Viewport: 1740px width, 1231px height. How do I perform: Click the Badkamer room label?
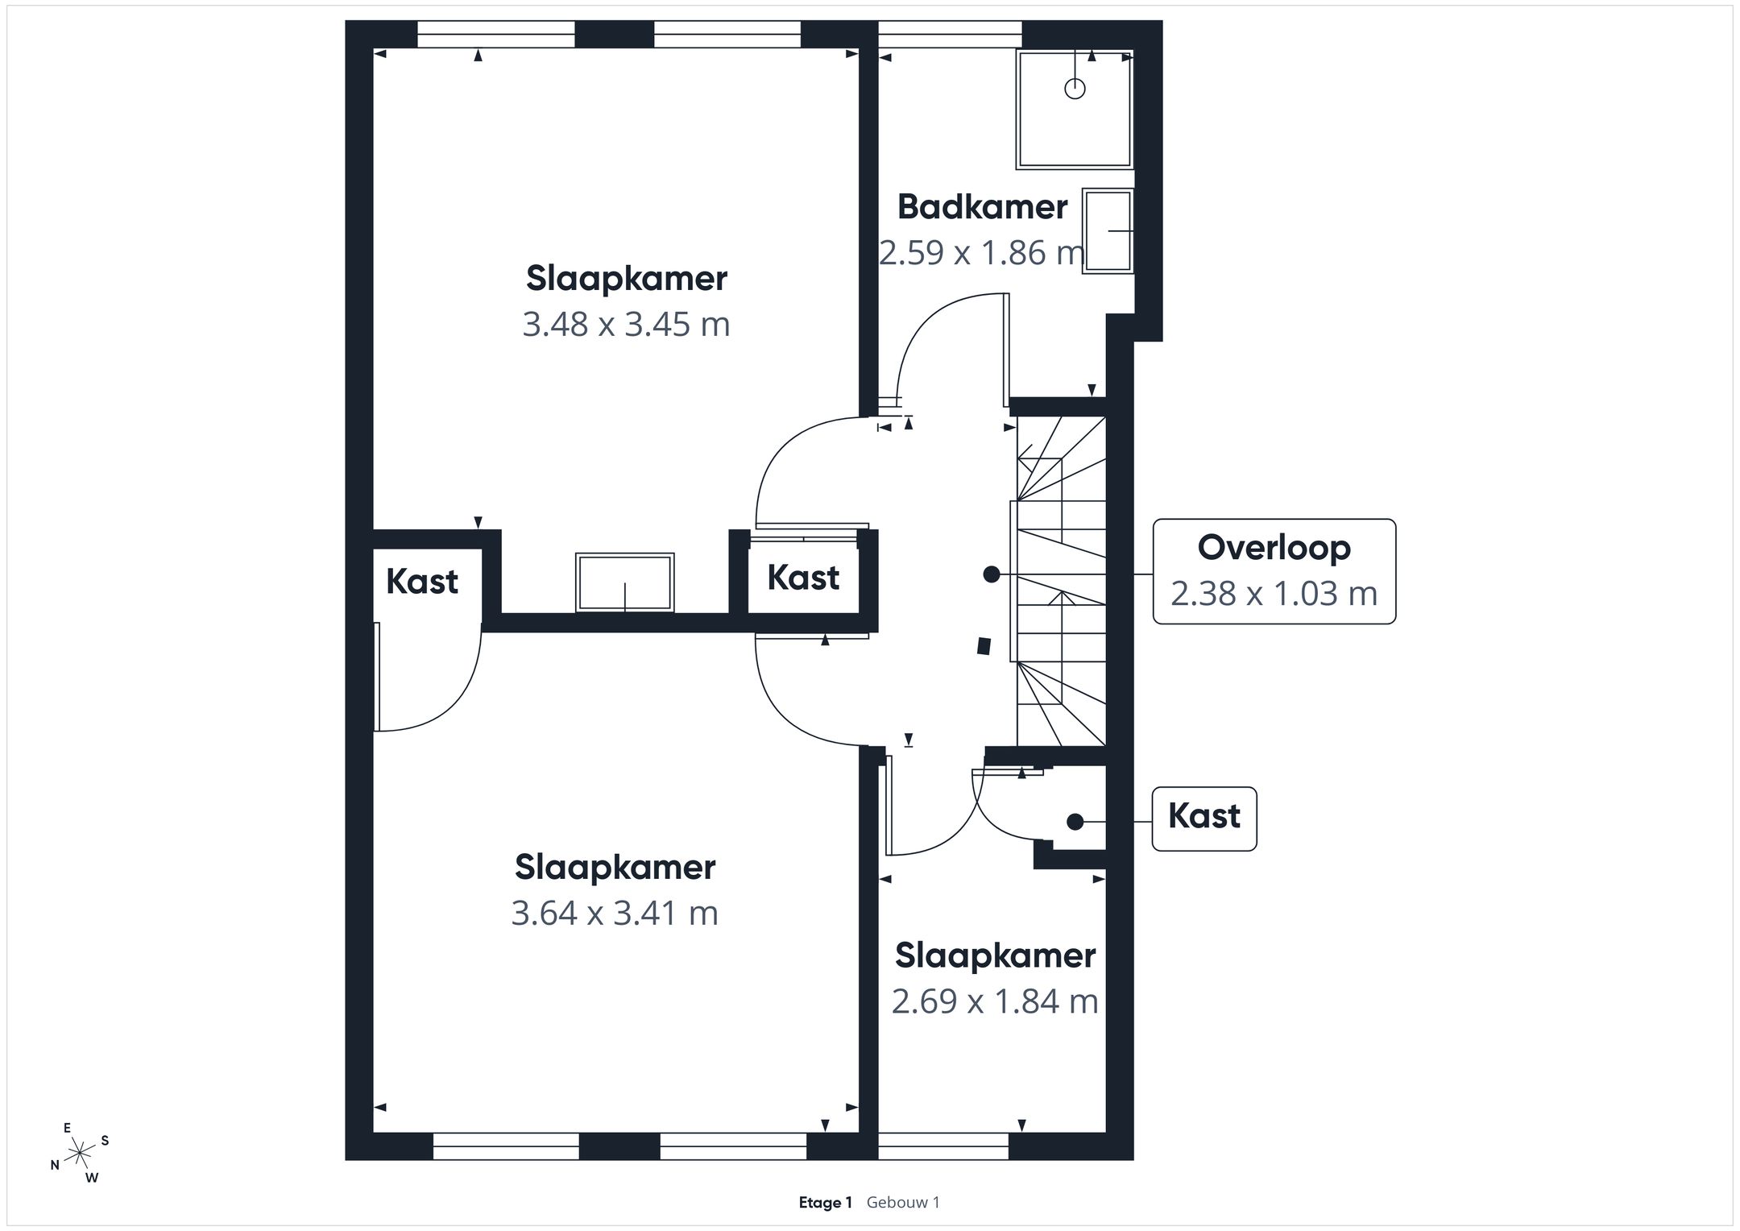(983, 207)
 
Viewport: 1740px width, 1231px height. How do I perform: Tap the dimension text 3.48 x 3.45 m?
(626, 325)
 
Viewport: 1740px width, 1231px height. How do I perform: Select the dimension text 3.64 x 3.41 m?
(615, 914)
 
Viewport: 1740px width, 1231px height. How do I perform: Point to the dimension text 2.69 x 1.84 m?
(995, 1001)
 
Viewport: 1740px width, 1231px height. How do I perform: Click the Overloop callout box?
(1274, 571)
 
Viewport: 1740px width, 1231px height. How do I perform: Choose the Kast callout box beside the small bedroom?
(1204, 819)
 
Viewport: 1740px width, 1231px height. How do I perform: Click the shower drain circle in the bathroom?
(1075, 89)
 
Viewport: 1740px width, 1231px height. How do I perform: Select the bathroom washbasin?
(1108, 231)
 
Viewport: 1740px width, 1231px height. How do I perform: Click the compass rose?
(80, 1154)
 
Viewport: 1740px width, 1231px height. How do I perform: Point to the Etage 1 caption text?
(825, 1203)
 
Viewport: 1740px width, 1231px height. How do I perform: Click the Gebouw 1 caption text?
(903, 1203)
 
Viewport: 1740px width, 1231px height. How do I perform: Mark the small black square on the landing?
(984, 645)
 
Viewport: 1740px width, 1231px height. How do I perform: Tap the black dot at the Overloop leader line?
(992, 574)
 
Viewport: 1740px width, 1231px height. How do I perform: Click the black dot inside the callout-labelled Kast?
(1075, 822)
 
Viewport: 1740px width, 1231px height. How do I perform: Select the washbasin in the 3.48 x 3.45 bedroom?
(625, 582)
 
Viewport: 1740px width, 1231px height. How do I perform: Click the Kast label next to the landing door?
(803, 578)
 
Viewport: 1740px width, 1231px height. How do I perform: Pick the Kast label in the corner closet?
(422, 582)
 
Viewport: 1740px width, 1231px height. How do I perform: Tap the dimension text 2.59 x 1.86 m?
(981, 253)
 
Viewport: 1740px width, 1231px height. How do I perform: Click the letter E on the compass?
(68, 1128)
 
